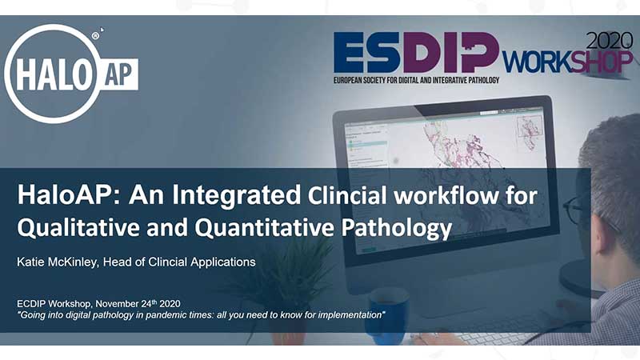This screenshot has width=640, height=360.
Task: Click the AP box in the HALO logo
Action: coord(118,74)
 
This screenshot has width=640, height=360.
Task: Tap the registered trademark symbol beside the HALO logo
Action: coord(95,36)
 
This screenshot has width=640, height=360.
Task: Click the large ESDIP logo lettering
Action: coord(416,53)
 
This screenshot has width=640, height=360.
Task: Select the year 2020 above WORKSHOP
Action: coord(610,41)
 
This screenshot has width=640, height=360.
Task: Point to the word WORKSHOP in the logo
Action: coord(567,62)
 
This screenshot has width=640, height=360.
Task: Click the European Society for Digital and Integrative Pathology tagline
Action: coord(416,80)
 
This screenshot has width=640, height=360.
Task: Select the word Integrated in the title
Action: coord(236,195)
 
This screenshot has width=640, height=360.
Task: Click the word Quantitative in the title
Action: coord(265,227)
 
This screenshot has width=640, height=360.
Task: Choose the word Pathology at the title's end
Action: coord(397,228)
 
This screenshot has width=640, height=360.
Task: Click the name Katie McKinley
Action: coord(58,262)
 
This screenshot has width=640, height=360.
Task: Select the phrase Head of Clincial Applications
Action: coord(179,262)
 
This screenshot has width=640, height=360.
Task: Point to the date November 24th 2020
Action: coord(138,304)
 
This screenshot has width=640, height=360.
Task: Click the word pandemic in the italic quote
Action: coord(164,315)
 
